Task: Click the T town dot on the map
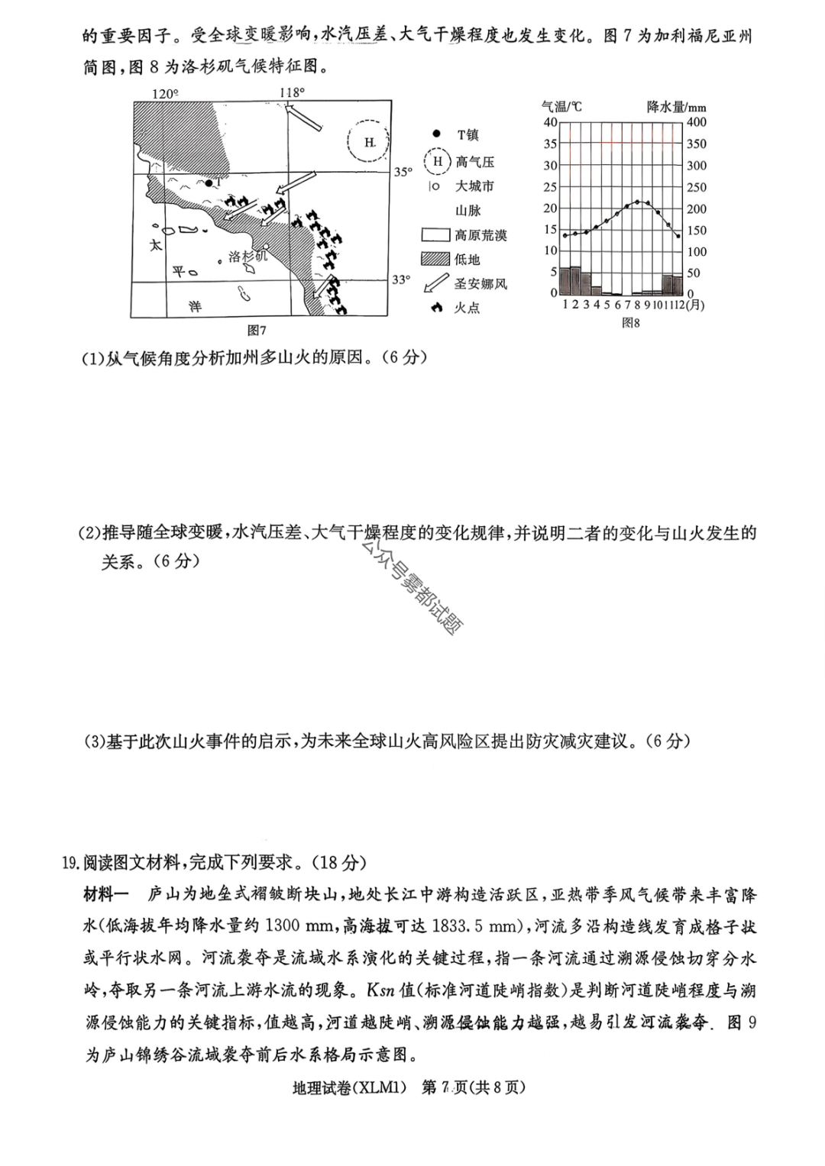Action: coord(209,183)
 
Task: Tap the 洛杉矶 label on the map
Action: coord(247,257)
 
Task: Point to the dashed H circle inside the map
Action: coord(369,142)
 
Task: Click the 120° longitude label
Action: coord(164,93)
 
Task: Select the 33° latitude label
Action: coord(402,280)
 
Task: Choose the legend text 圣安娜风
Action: coord(480,284)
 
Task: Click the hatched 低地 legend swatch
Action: coord(435,260)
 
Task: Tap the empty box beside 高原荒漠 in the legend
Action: coord(435,235)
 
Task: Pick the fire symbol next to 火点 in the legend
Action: coord(436,308)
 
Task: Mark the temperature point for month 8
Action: coord(637,202)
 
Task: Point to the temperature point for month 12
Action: coord(678,235)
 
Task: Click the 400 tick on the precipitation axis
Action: coord(697,122)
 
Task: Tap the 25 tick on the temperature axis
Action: coord(550,187)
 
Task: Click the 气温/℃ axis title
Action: coord(561,107)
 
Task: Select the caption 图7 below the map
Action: coord(257,331)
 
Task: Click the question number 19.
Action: coord(71,863)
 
